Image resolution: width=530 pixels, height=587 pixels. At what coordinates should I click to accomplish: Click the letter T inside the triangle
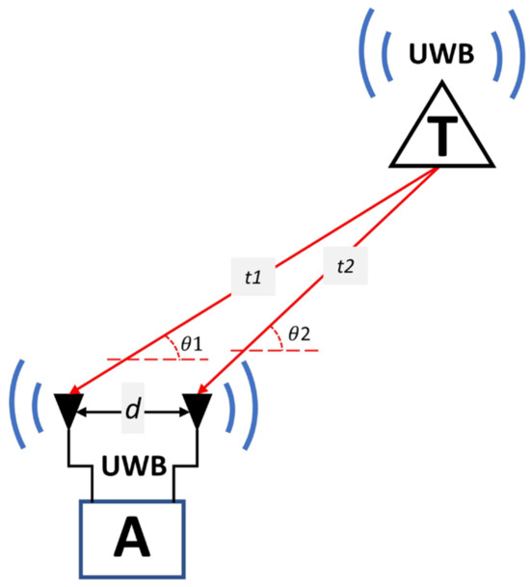point(440,137)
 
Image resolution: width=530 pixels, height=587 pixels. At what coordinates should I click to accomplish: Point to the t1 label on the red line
point(252,278)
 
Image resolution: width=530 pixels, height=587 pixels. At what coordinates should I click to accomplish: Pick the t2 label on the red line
point(344,266)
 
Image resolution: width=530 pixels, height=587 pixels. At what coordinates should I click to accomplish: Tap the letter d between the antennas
point(133,412)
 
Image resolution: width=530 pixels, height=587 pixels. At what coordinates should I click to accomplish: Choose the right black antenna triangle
point(198,409)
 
